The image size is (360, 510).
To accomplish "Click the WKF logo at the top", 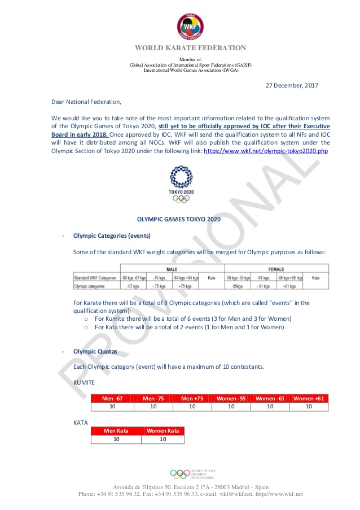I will (190, 25).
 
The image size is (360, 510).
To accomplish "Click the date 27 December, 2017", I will (292, 85).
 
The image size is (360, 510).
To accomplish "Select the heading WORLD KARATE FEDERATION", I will (190, 48).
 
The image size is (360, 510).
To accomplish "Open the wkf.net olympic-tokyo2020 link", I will (266, 151).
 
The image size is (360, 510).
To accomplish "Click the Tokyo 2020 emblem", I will (181, 184).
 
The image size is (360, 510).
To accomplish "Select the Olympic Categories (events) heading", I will (109, 235).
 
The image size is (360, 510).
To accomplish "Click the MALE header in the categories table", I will (171, 269).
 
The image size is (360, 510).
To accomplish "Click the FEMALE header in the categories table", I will (275, 269).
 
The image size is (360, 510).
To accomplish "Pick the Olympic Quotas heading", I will (95, 351).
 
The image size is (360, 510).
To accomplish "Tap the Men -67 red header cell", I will (112, 399).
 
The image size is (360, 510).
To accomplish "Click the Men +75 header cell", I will (192, 399).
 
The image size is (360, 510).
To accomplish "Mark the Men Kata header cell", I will (116, 431).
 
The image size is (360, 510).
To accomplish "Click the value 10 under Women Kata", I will (163, 439).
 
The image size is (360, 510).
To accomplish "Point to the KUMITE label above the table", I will (84, 383).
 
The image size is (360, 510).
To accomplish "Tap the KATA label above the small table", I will (81, 421).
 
